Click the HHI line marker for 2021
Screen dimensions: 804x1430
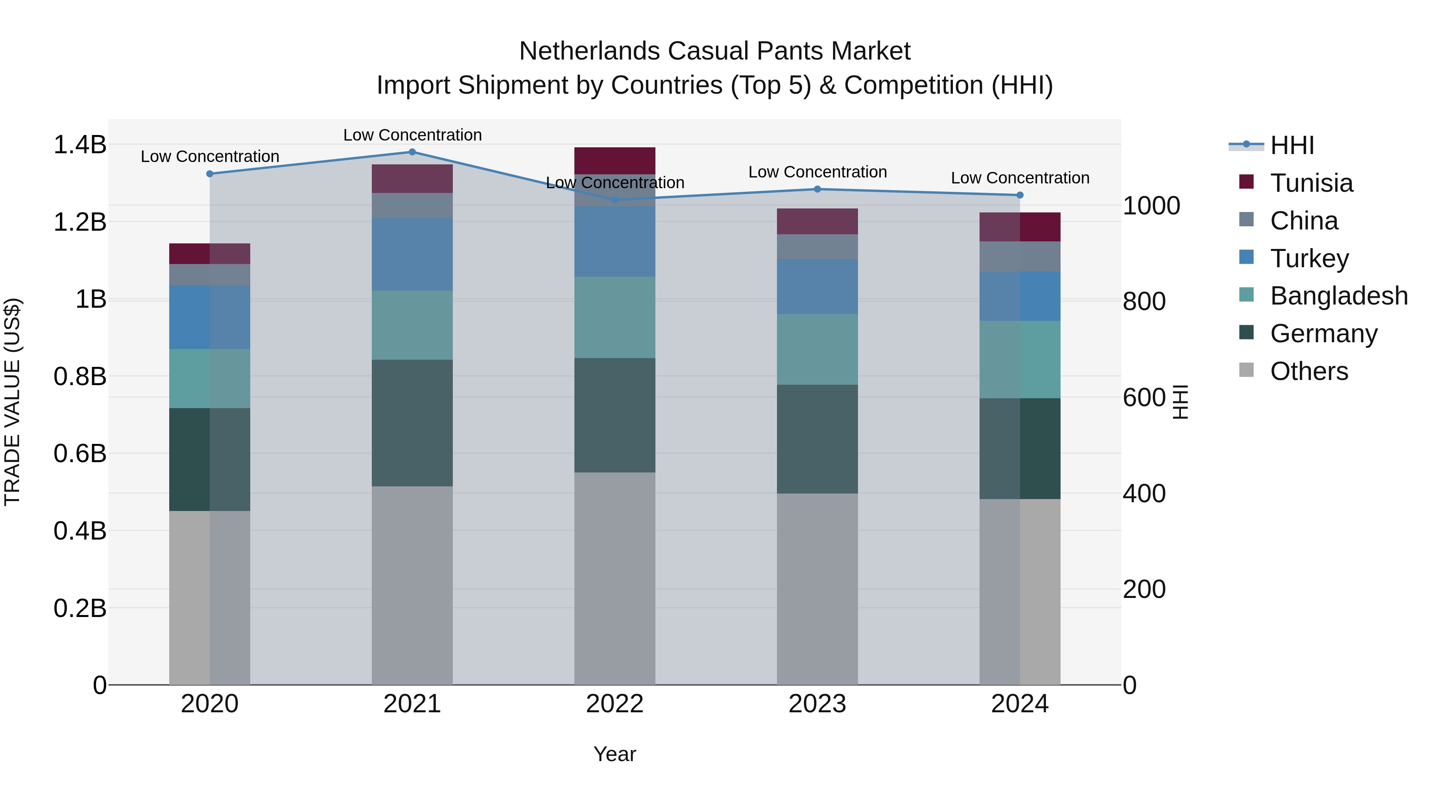tap(412, 152)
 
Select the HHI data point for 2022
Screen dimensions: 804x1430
tap(615, 200)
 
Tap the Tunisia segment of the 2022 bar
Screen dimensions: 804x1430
tap(615, 161)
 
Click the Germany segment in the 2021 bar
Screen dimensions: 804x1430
tap(412, 423)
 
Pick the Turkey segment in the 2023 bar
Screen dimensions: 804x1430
tap(817, 286)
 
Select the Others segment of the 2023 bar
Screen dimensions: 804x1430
tap(817, 588)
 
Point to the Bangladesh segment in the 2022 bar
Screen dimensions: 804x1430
tap(615, 317)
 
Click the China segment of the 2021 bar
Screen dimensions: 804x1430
tap(412, 205)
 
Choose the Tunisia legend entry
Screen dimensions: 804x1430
tap(1311, 183)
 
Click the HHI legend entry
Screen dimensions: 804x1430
tap(1292, 145)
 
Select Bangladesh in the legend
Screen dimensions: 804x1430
tap(1338, 296)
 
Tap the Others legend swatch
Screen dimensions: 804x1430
tap(1246, 370)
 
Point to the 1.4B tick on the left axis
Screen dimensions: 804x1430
tap(80, 145)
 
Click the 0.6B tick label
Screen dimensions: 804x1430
tap(80, 454)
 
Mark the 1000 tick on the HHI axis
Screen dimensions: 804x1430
tap(1151, 206)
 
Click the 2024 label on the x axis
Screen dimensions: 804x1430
tap(1020, 704)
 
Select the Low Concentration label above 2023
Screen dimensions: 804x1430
tap(817, 172)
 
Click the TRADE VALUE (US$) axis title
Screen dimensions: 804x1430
tap(12, 402)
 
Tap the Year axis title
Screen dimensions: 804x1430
tap(615, 754)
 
